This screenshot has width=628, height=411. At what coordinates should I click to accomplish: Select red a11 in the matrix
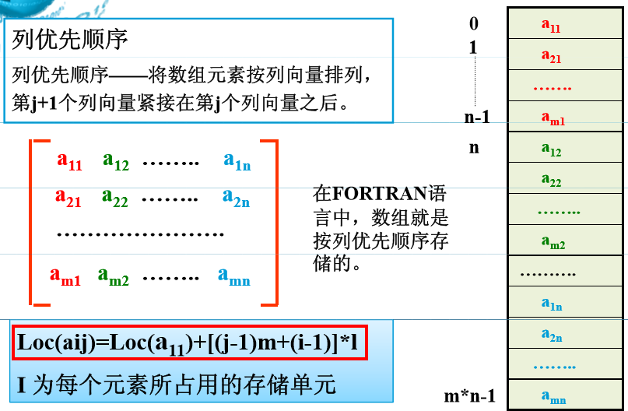click(x=69, y=161)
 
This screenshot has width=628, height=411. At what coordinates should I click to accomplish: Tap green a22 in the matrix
click(x=115, y=198)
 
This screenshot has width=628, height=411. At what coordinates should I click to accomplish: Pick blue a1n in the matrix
click(x=237, y=161)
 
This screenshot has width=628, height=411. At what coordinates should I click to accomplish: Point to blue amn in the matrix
click(x=234, y=276)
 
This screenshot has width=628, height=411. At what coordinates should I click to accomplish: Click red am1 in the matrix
click(x=65, y=276)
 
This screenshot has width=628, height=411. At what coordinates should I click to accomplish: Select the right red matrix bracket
click(x=272, y=222)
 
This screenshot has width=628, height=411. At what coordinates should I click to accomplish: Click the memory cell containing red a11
click(x=551, y=25)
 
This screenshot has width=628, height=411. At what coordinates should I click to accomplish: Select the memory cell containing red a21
click(x=551, y=55)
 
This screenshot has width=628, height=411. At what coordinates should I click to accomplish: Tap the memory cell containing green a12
click(x=551, y=149)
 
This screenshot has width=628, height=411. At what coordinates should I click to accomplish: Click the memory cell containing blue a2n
click(x=552, y=335)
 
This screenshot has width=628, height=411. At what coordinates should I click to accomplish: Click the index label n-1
click(x=476, y=118)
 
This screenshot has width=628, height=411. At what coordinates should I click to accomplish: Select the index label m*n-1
click(x=470, y=396)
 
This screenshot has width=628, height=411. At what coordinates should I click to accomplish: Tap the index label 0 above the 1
click(x=473, y=24)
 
